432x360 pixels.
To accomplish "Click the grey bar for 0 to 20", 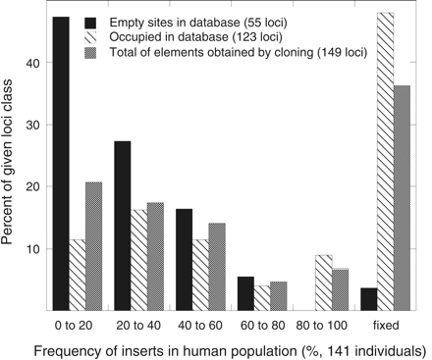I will pyautogui.click(x=94, y=246).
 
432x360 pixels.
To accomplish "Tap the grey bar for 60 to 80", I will pyautogui.click(x=279, y=296).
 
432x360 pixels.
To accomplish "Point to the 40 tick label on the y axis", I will pyautogui.click(x=34, y=62).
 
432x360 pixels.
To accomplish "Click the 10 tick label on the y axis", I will pyautogui.click(x=34, y=249).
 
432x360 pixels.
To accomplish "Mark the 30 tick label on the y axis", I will pyautogui.click(x=34, y=125).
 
